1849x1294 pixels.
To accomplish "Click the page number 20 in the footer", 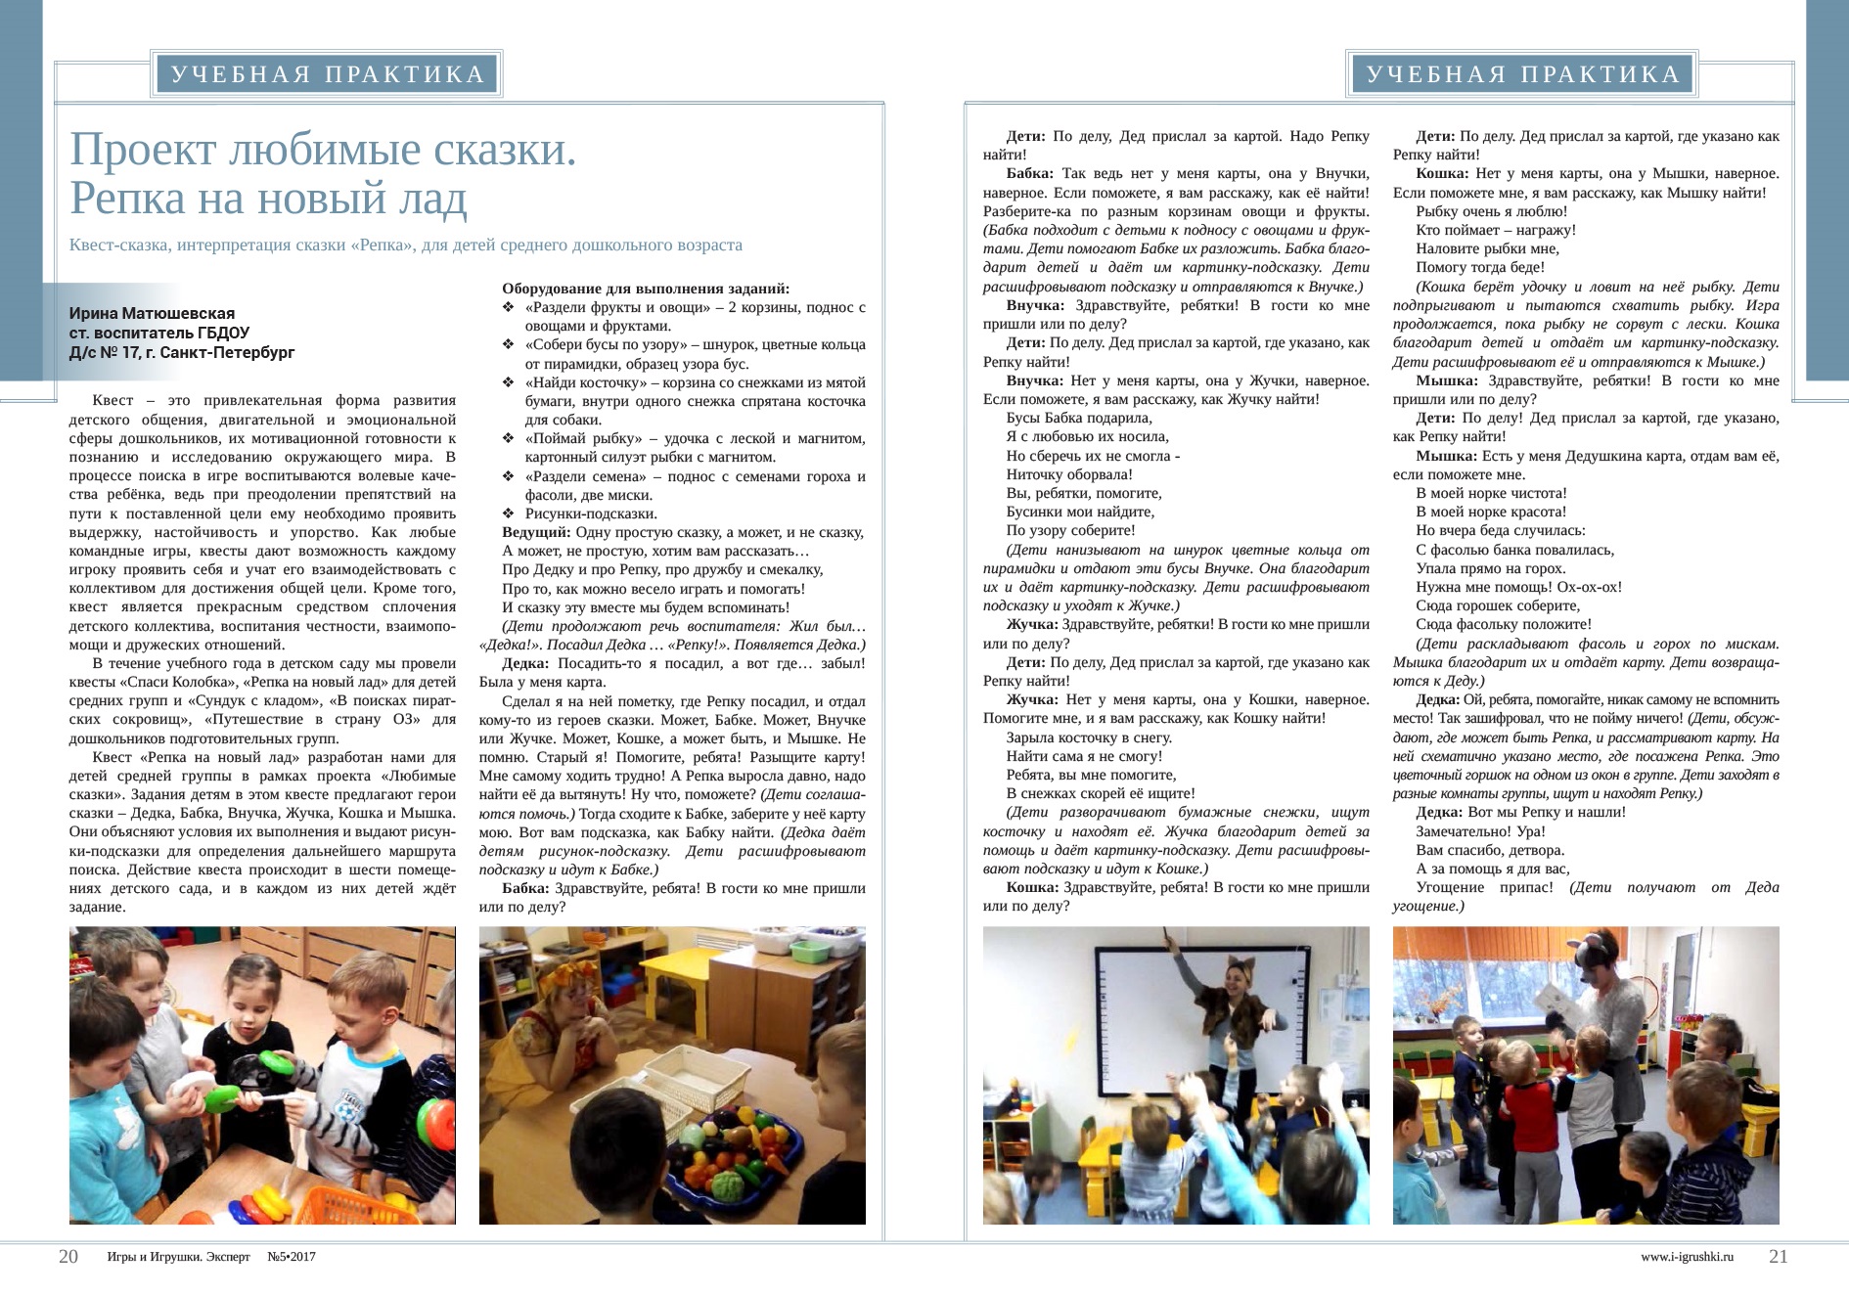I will pyautogui.click(x=68, y=1257).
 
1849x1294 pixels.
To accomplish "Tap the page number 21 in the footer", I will pyautogui.click(x=1778, y=1257).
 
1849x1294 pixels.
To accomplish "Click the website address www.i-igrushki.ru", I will pyautogui.click(x=1687, y=1257).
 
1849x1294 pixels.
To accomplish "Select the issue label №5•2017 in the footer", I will pyautogui.click(x=292, y=1257).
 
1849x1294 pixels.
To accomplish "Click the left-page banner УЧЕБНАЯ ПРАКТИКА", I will pyautogui.click(x=328, y=74).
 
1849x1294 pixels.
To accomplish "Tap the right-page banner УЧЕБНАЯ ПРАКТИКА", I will pyautogui.click(x=1523, y=74).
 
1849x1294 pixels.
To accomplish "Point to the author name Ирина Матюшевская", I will pyautogui.click(x=152, y=314).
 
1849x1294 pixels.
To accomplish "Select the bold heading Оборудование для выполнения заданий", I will pyautogui.click(x=646, y=289).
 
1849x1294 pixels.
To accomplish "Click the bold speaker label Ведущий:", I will pyautogui.click(x=536, y=532).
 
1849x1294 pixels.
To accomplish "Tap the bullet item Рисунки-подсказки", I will pyautogui.click(x=591, y=513).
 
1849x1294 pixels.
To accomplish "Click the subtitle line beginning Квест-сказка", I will pyautogui.click(x=405, y=245).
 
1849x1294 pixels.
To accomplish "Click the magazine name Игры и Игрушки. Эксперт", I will pyautogui.click(x=178, y=1257).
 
